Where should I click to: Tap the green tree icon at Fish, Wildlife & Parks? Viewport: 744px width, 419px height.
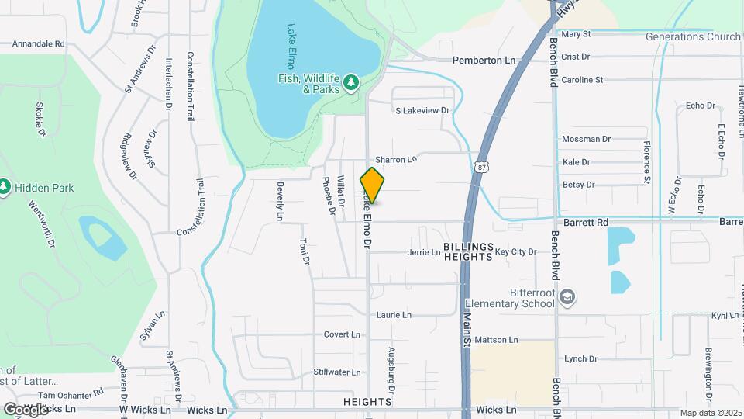pos(352,81)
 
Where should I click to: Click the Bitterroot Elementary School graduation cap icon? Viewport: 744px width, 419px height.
pos(567,298)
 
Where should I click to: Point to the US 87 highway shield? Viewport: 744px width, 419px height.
pos(482,167)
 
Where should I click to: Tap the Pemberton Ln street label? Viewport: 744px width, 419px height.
pos(484,60)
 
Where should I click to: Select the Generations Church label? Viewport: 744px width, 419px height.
pos(693,36)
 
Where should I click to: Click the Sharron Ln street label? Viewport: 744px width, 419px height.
pos(396,159)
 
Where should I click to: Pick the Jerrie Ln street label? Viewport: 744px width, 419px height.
pos(424,252)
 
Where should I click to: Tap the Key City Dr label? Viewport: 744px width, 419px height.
pos(515,252)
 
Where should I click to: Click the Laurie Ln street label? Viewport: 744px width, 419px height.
pos(393,315)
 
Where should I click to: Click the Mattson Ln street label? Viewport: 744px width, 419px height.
pos(496,340)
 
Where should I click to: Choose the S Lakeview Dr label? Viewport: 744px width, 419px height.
pos(422,111)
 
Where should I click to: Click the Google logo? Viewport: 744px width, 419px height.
pos(26,409)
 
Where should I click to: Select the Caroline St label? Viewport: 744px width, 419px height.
pos(582,80)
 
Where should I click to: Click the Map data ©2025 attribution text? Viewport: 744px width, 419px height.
pos(710,413)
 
